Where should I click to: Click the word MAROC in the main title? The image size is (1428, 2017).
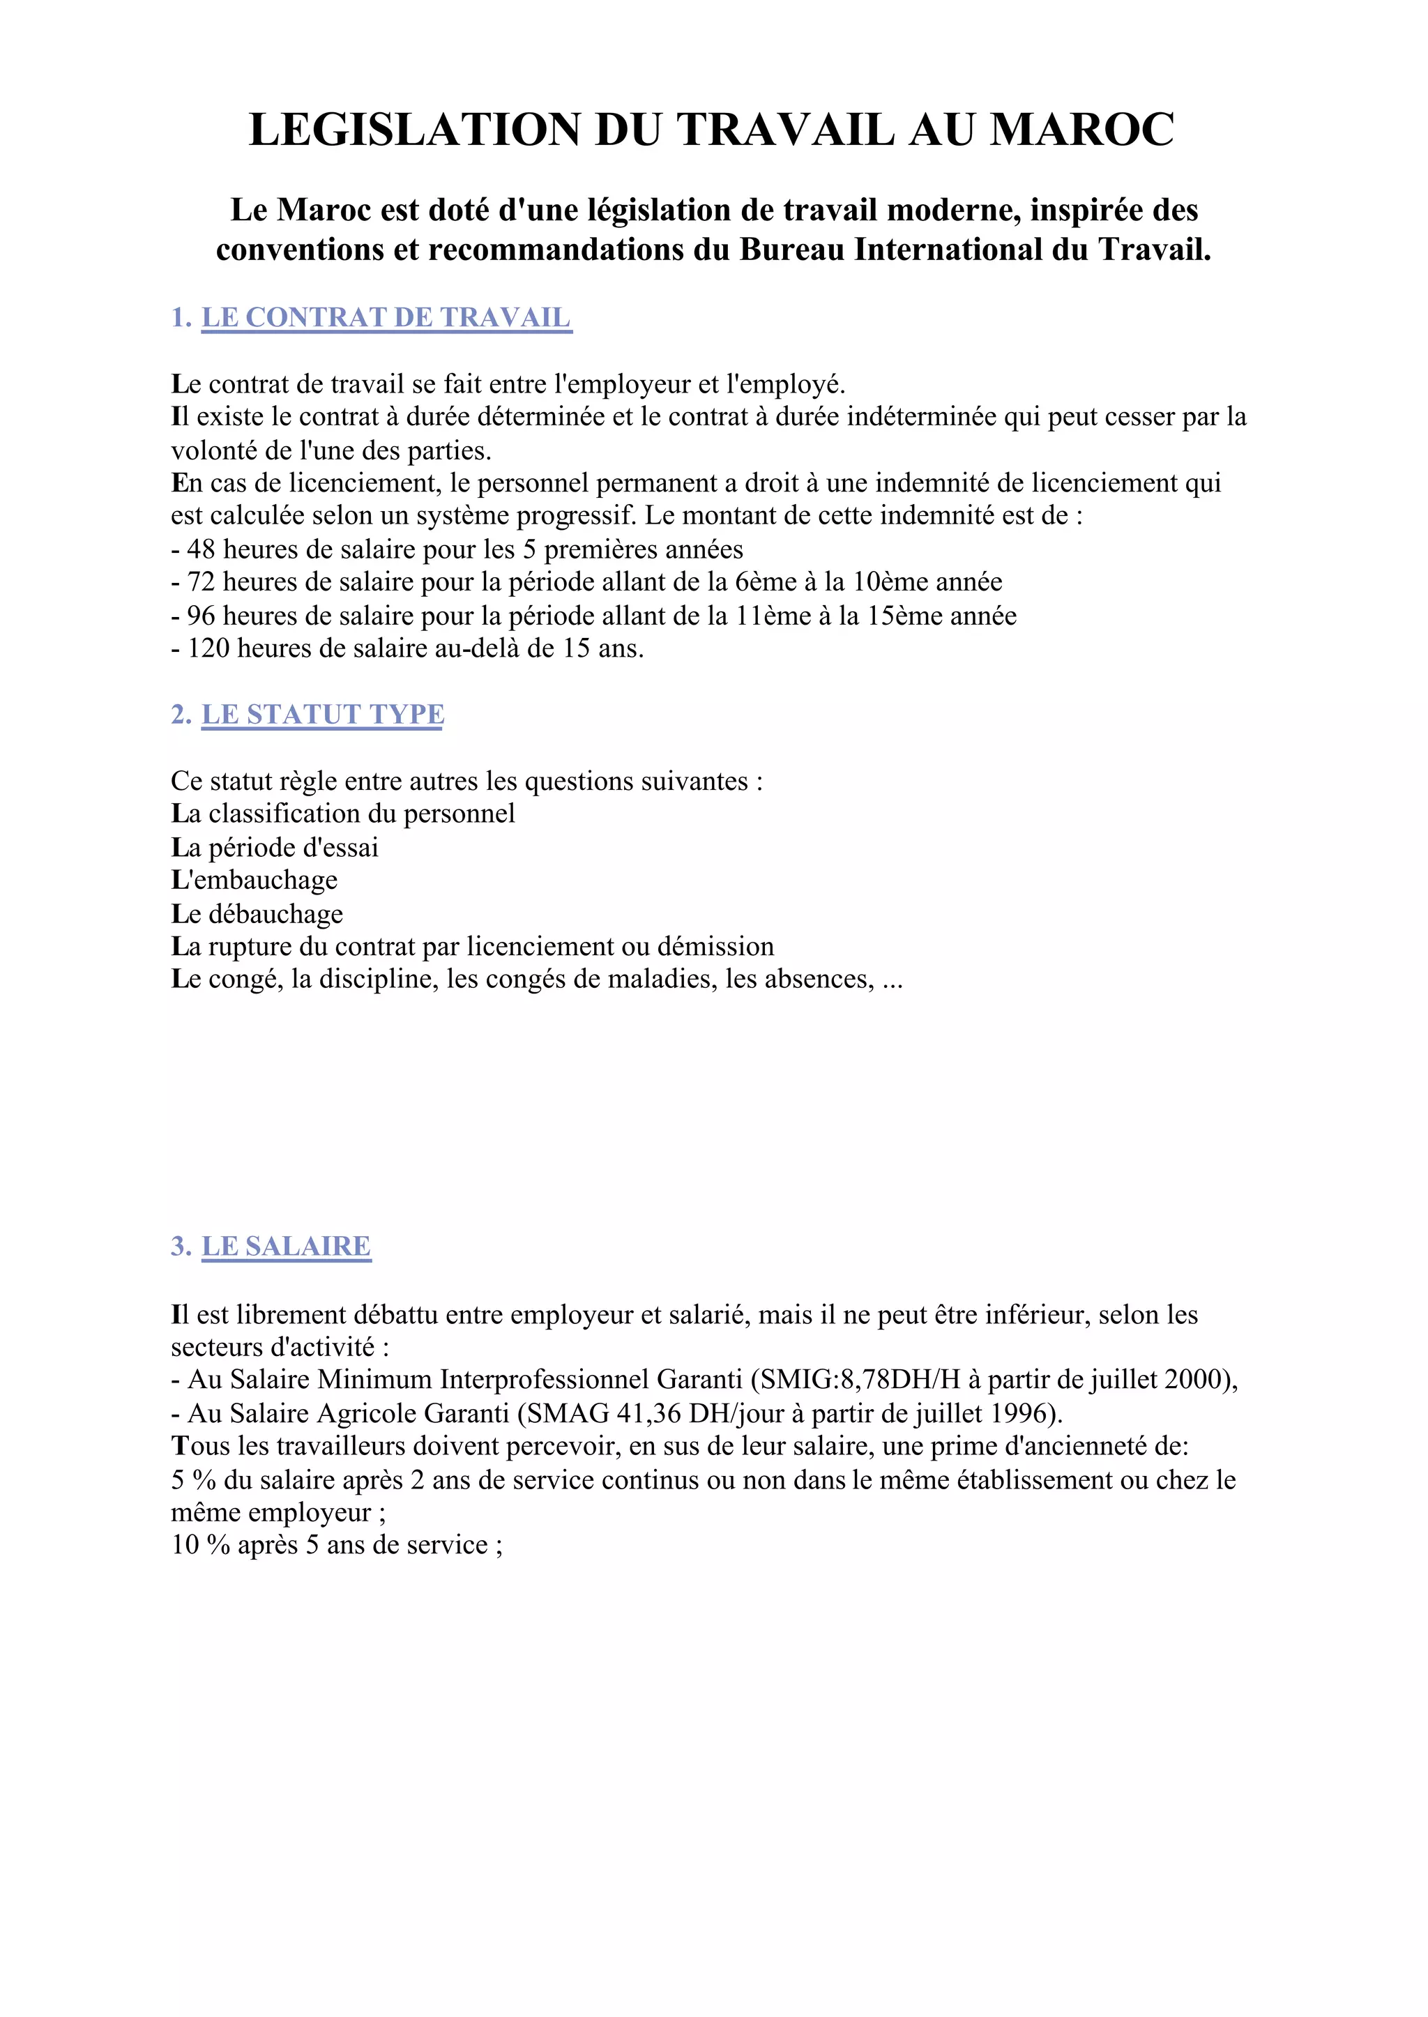[x=1081, y=130]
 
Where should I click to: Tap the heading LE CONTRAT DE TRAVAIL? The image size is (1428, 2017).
[x=386, y=317]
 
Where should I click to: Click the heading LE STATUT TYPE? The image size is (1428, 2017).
[x=323, y=714]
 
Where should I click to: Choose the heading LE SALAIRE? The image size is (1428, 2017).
[x=286, y=1246]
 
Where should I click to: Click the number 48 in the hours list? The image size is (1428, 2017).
[x=202, y=549]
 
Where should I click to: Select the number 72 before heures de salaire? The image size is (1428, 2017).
[x=202, y=582]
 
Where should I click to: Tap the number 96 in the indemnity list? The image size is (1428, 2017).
[x=202, y=616]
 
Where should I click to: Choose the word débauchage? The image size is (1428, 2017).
[x=275, y=913]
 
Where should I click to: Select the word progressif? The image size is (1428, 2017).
[x=573, y=515]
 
